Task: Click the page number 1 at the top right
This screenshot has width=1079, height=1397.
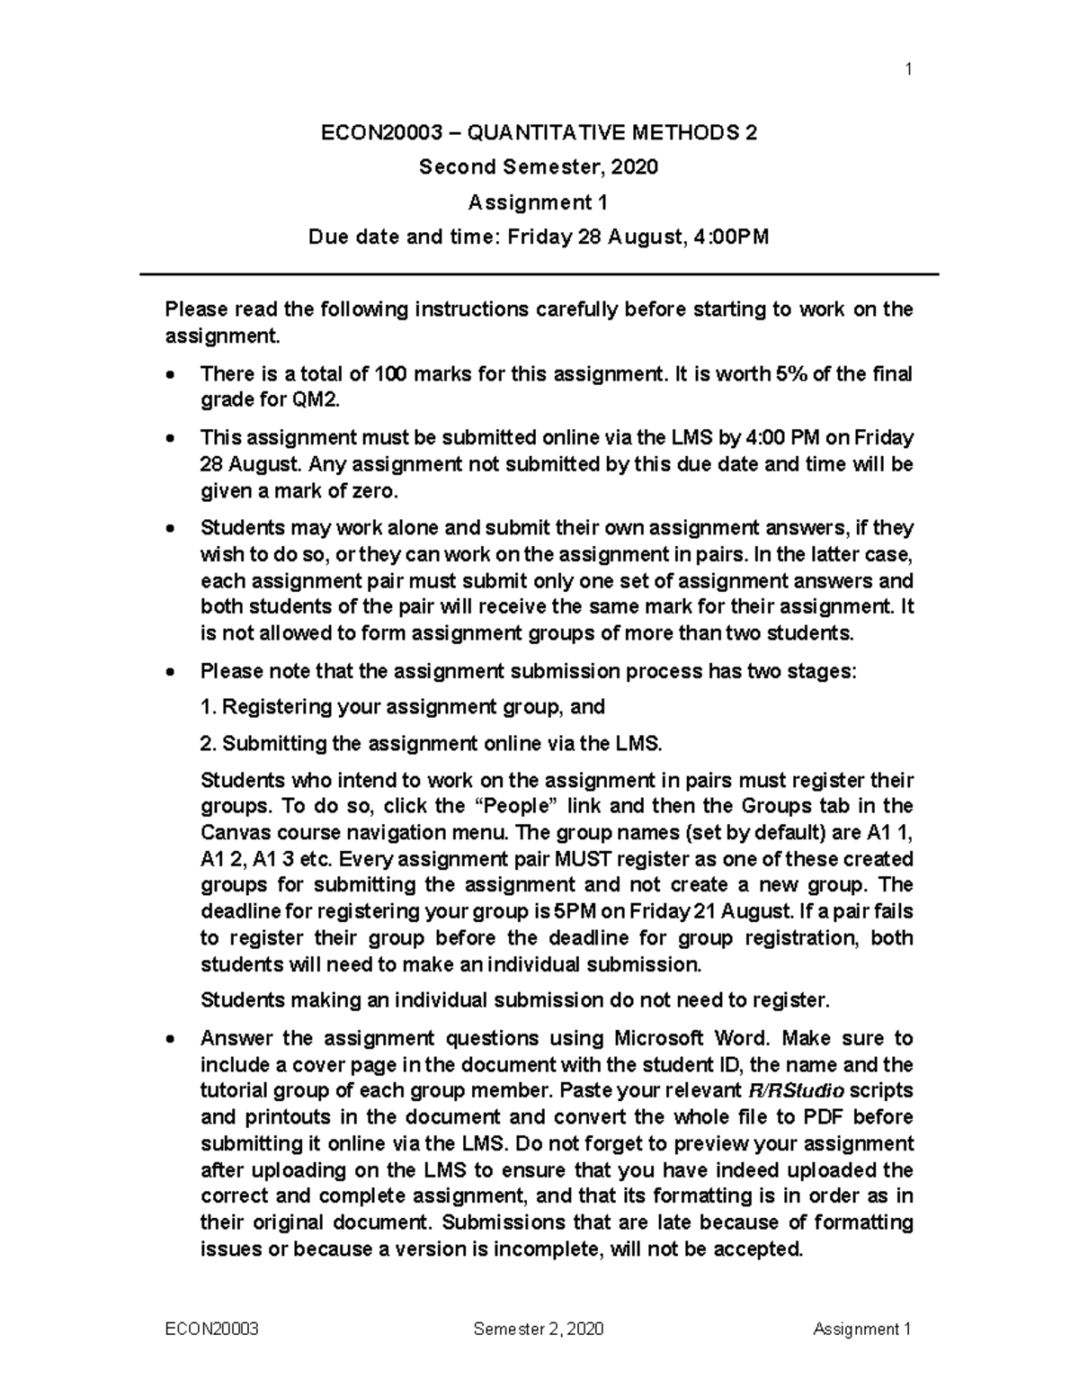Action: click(x=909, y=69)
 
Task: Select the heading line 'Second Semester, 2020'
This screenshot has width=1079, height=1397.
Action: click(x=539, y=167)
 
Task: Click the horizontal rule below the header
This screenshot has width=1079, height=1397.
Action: click(x=539, y=274)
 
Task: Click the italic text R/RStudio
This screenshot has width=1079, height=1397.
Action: click(x=796, y=1091)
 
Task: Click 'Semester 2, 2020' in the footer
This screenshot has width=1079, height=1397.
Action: click(x=539, y=1330)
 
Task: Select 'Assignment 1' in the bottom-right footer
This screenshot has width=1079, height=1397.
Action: click(x=862, y=1330)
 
